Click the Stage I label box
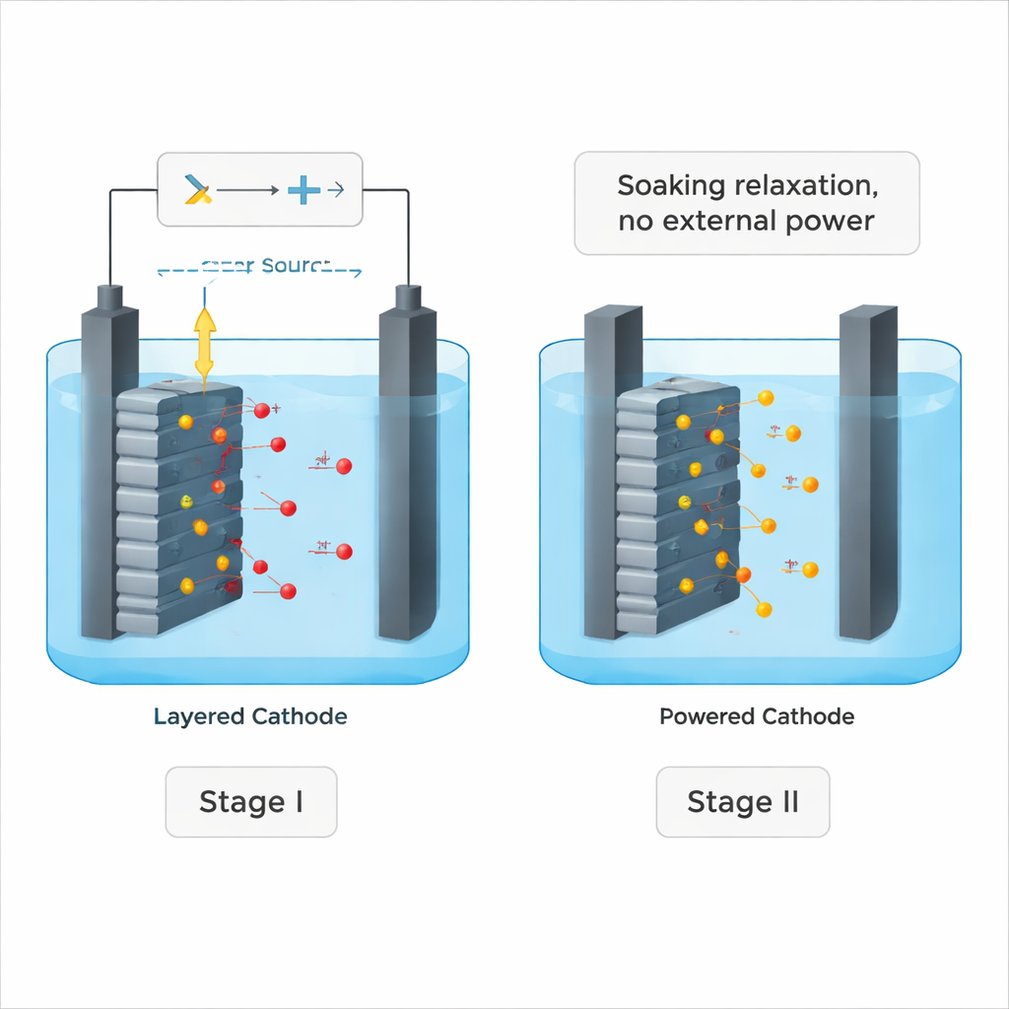coord(250,802)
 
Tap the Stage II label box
coord(742,802)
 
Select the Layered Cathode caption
coord(250,716)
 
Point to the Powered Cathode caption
coord(756,716)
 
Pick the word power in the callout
coord(830,221)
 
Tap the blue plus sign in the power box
coord(303,190)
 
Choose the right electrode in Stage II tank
coord(866,473)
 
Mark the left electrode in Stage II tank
coord(611,473)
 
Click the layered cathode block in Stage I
coord(177,507)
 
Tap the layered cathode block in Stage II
coord(676,507)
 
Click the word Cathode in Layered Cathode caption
coord(300,716)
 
